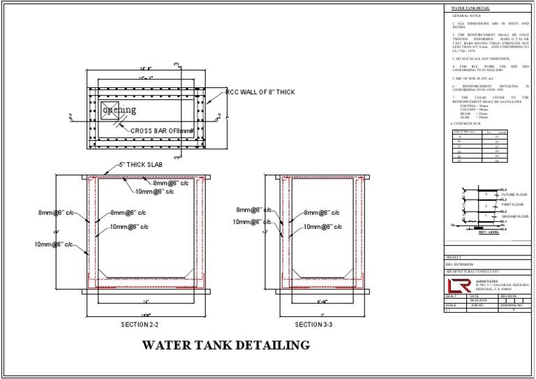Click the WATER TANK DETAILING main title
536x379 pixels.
(x=226, y=345)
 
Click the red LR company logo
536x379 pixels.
(x=459, y=286)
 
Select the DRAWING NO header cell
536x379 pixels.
(x=511, y=305)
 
